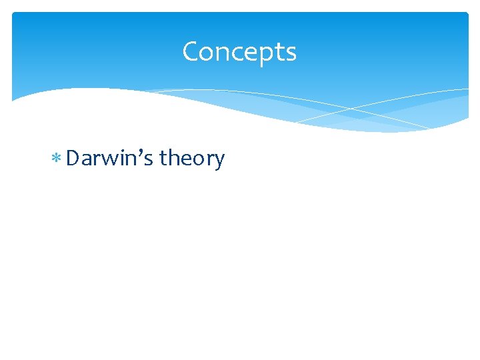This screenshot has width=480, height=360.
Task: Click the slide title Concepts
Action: (x=239, y=51)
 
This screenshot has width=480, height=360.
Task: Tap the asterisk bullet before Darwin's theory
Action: (x=57, y=159)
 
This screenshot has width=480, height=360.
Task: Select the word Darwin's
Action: (x=110, y=159)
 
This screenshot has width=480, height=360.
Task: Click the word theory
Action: (x=192, y=159)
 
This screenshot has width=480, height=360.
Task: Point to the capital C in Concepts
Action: (x=191, y=51)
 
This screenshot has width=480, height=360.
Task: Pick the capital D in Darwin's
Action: (x=73, y=159)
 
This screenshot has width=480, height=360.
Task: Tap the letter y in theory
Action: (x=219, y=162)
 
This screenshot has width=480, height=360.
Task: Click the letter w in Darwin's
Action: (x=112, y=160)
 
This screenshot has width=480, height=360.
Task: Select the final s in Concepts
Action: (x=291, y=53)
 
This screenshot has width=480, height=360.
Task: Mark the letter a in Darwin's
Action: (x=89, y=160)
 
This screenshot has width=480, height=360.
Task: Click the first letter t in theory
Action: (x=164, y=159)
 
